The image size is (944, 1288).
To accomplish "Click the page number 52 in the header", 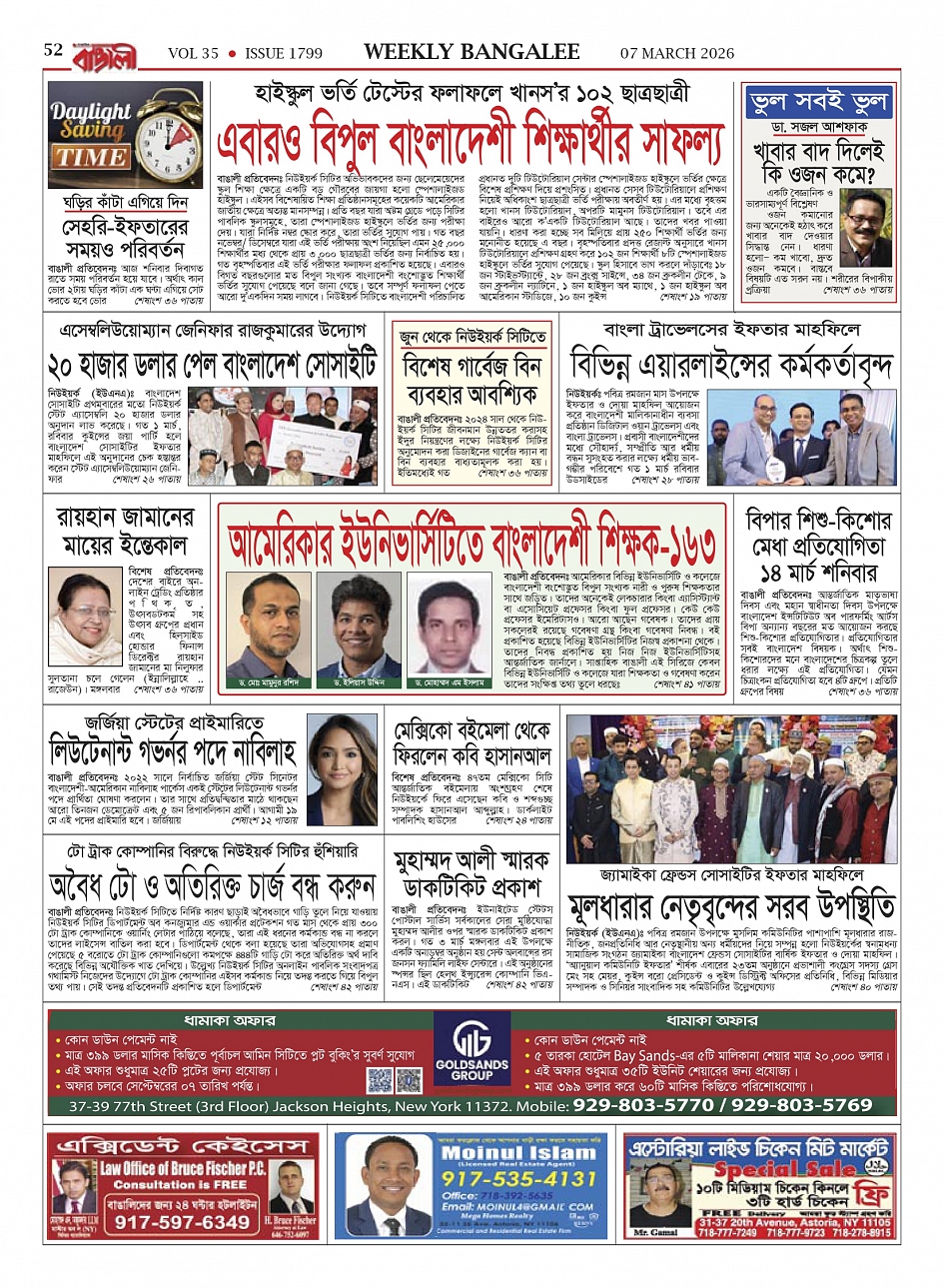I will [53, 50].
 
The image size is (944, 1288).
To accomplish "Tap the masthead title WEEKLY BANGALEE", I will [472, 52].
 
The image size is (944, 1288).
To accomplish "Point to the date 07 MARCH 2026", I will [676, 54].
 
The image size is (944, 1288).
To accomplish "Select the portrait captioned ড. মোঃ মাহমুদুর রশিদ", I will [269, 626].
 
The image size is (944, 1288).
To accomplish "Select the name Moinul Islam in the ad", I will [518, 1153].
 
